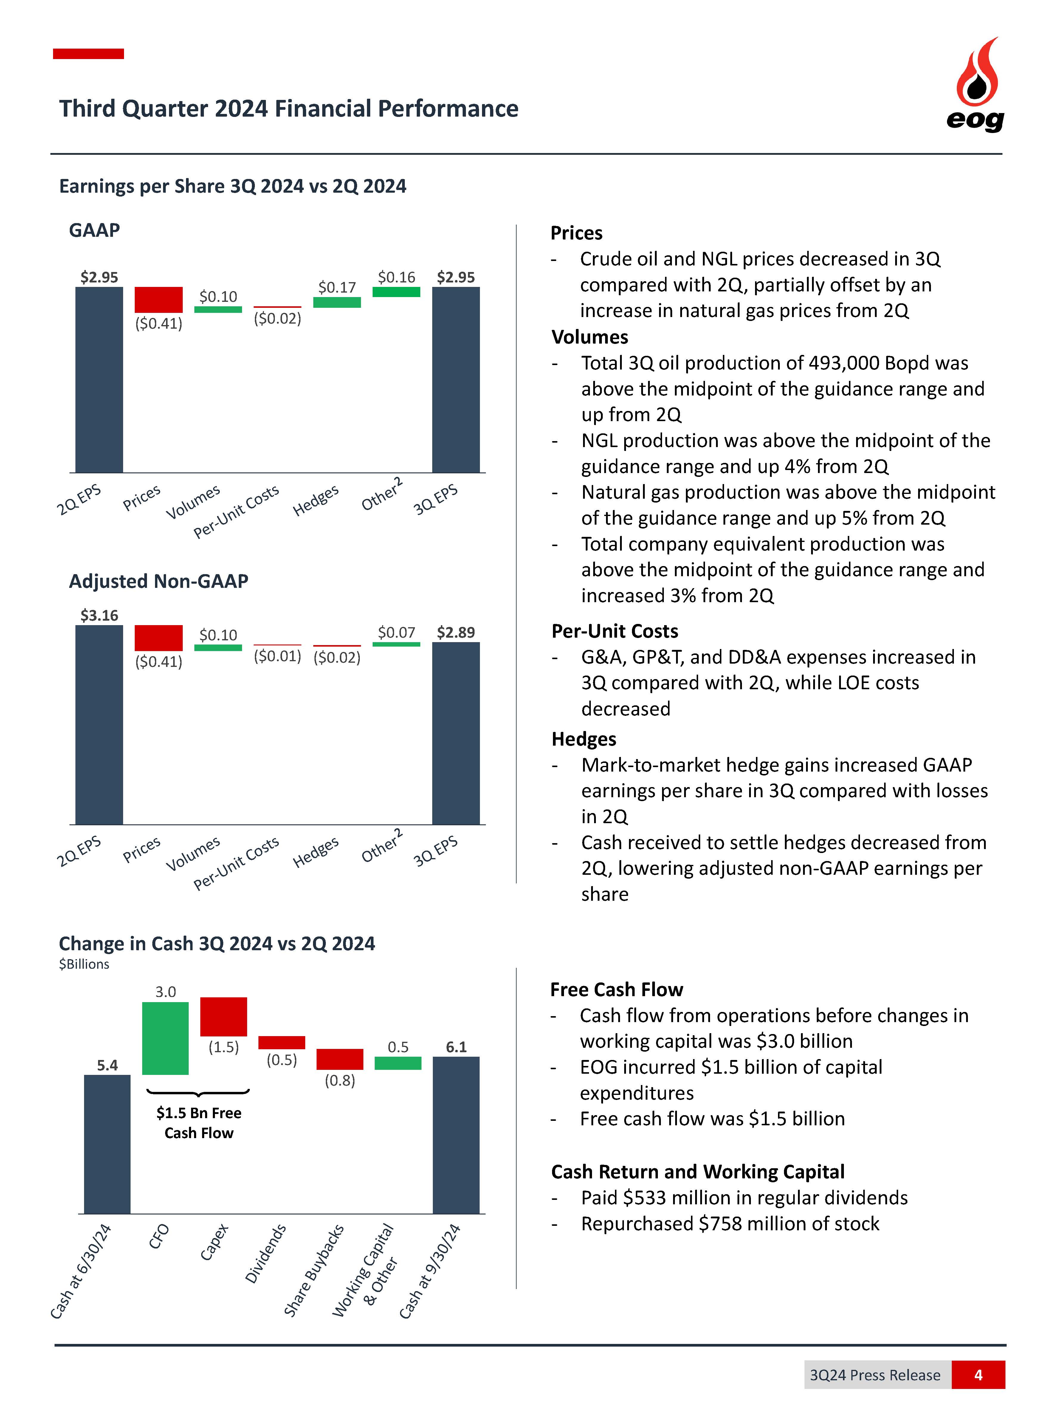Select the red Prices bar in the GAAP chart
pyautogui.click(x=159, y=300)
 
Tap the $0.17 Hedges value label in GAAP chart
pyautogui.click(x=337, y=288)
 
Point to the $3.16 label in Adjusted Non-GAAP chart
pyautogui.click(x=99, y=616)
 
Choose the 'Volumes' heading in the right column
pyautogui.click(x=590, y=337)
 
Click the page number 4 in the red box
pyautogui.click(x=977, y=1374)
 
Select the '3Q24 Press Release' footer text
pyautogui.click(x=875, y=1375)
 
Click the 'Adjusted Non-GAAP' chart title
pyautogui.click(x=159, y=581)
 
